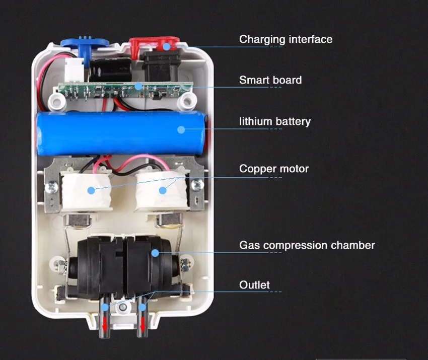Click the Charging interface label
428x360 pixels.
(286, 39)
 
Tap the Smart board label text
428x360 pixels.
(270, 80)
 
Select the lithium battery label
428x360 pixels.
(274, 121)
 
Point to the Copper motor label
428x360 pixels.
(274, 169)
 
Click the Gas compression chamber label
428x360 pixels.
(307, 245)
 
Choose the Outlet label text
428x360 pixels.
(254, 285)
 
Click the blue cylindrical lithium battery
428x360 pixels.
(121, 132)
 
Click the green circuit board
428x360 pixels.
(121, 90)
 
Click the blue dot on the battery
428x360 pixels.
(181, 129)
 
